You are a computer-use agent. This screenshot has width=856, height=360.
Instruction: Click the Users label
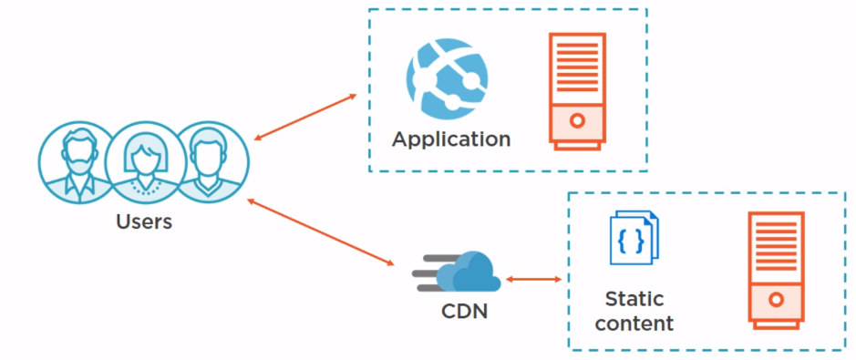coord(144,221)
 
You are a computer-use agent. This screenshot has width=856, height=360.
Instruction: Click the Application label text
coord(451,139)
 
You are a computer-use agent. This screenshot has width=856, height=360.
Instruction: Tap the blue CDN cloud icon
coord(467,271)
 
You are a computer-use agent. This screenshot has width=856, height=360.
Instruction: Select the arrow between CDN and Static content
coord(532,279)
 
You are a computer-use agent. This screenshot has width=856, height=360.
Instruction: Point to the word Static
coord(634,299)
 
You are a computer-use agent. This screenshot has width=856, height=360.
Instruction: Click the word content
coord(639,323)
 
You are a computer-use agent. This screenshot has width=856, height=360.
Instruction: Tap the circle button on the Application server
coord(577,121)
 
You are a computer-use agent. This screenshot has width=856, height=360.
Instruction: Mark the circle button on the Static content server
coord(776,298)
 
